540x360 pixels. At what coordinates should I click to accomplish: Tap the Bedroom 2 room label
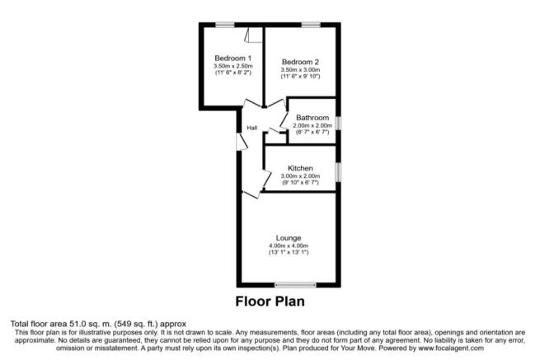tap(300, 62)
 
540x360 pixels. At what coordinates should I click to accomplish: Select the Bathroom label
tap(312, 118)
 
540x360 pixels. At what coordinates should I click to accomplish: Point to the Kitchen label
tap(300, 168)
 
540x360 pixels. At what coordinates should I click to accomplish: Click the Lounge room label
tap(289, 238)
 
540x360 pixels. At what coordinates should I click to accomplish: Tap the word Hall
tap(252, 128)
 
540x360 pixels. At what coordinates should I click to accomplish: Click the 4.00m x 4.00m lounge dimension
tap(289, 245)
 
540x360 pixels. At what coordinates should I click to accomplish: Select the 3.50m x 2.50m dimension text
tap(233, 66)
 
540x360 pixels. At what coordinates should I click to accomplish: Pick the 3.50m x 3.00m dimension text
tap(300, 70)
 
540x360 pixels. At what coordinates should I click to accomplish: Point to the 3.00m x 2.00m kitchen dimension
tap(301, 175)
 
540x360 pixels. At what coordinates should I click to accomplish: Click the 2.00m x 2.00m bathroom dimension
tap(312, 125)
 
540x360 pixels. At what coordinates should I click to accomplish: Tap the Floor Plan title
tap(270, 302)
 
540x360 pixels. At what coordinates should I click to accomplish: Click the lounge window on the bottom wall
tap(295, 285)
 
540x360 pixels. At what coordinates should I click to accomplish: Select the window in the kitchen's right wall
tap(339, 171)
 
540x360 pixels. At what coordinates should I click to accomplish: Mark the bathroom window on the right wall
tap(339, 124)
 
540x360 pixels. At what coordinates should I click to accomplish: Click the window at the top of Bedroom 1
tap(225, 25)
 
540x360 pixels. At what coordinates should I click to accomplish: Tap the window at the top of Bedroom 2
tap(311, 25)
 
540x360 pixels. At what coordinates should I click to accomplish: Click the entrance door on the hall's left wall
tap(242, 142)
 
